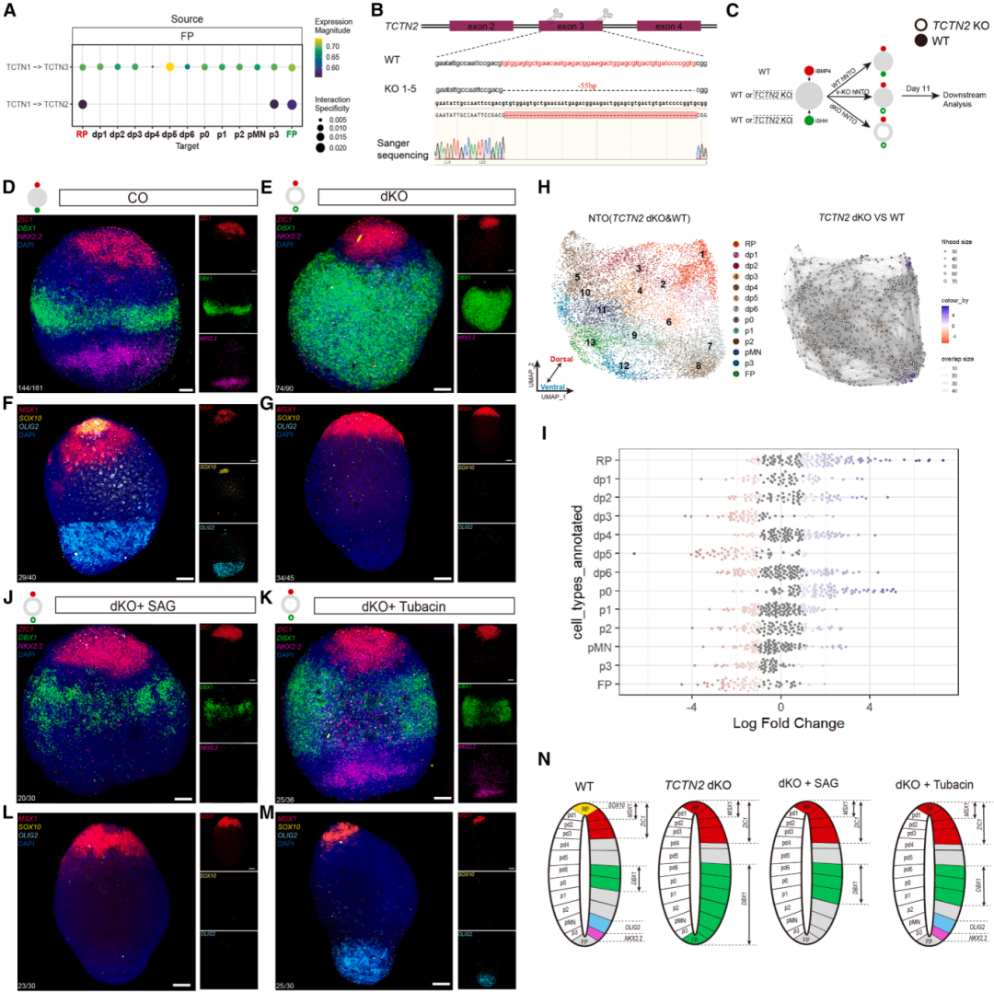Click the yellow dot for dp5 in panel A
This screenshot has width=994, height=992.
[x=169, y=67]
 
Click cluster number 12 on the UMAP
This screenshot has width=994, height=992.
[x=624, y=365]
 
